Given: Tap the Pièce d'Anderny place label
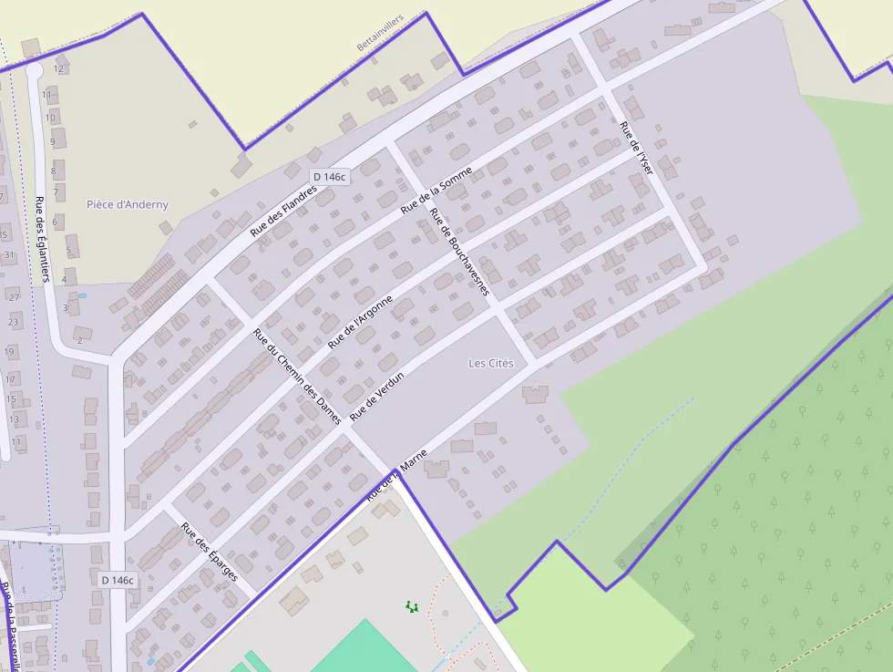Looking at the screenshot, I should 128,204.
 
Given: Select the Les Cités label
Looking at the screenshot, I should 491,363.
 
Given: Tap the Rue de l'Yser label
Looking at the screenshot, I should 636,148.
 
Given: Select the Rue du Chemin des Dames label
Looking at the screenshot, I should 297,377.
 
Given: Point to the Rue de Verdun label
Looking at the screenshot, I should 376,396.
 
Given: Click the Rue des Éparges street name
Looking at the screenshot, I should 209,552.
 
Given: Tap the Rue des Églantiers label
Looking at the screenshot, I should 41,240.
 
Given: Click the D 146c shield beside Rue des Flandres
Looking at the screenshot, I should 329,177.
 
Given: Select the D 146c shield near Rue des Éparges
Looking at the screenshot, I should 117,580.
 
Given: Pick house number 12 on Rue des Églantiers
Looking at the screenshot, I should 59,68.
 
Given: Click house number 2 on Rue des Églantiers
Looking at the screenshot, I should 79,340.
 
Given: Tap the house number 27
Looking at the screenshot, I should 14,297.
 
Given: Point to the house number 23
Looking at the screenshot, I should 14,322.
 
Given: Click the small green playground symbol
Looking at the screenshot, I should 411,605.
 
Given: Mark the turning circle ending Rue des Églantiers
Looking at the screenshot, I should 35,70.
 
